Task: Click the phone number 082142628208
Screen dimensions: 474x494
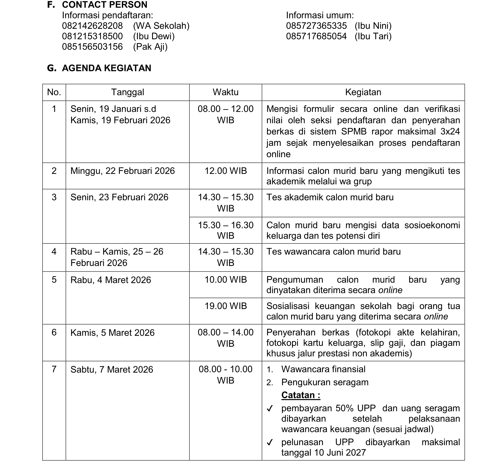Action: pyautogui.click(x=92, y=26)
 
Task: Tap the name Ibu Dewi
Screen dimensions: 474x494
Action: pyautogui.click(x=154, y=36)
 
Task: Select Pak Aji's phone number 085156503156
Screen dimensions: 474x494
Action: pyautogui.click(x=92, y=47)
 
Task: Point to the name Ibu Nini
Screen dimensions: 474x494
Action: pyautogui.click(x=373, y=26)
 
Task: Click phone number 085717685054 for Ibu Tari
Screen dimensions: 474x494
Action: pyautogui.click(x=316, y=36)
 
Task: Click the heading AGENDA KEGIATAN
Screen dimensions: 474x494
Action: pyautogui.click(x=106, y=68)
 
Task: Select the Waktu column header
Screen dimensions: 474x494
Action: pyautogui.click(x=225, y=92)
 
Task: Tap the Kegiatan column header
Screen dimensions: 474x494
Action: pyautogui.click(x=363, y=92)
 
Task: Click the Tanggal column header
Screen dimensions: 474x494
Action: pyautogui.click(x=128, y=92)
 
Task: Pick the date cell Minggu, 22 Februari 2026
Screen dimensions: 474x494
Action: pyautogui.click(x=122, y=171)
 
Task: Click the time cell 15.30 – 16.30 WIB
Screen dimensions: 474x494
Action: pyautogui.click(x=225, y=230)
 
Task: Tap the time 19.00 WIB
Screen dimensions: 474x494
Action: pyautogui.click(x=225, y=306)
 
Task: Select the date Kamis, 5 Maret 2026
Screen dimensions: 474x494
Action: pyautogui.click(x=112, y=333)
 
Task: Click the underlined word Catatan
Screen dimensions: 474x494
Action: pyautogui.click(x=300, y=395)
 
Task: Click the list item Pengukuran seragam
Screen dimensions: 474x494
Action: pyautogui.click(x=325, y=382)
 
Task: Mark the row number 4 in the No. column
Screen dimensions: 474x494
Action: pyautogui.click(x=54, y=252)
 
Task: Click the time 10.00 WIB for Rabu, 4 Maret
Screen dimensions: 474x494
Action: pyautogui.click(x=225, y=280)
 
